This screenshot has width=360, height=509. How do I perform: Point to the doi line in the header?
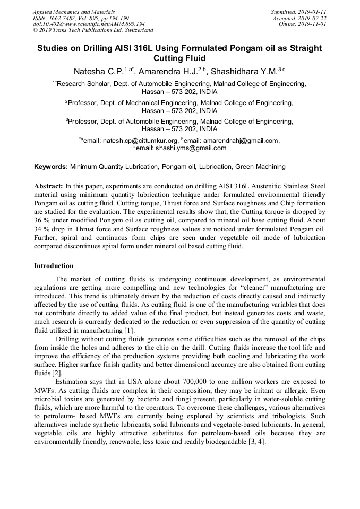pos(89,24)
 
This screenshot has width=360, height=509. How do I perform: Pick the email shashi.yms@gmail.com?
pos(191,148)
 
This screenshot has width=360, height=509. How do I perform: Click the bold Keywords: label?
pos(51,167)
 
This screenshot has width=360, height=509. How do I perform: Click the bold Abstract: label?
pos(48,187)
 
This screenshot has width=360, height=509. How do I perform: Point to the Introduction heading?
pos(54,266)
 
